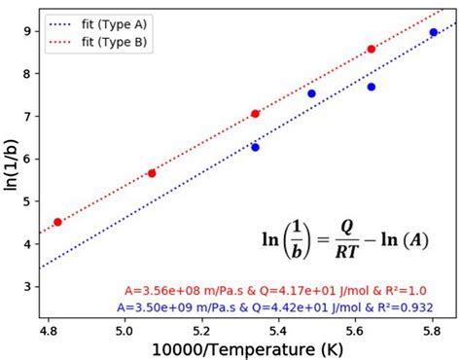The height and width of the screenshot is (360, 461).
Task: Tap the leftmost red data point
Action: point(57,222)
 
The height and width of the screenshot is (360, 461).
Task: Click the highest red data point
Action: point(371,49)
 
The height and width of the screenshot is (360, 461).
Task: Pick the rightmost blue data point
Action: point(433,32)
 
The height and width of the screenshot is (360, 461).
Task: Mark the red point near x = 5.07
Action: point(152,172)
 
